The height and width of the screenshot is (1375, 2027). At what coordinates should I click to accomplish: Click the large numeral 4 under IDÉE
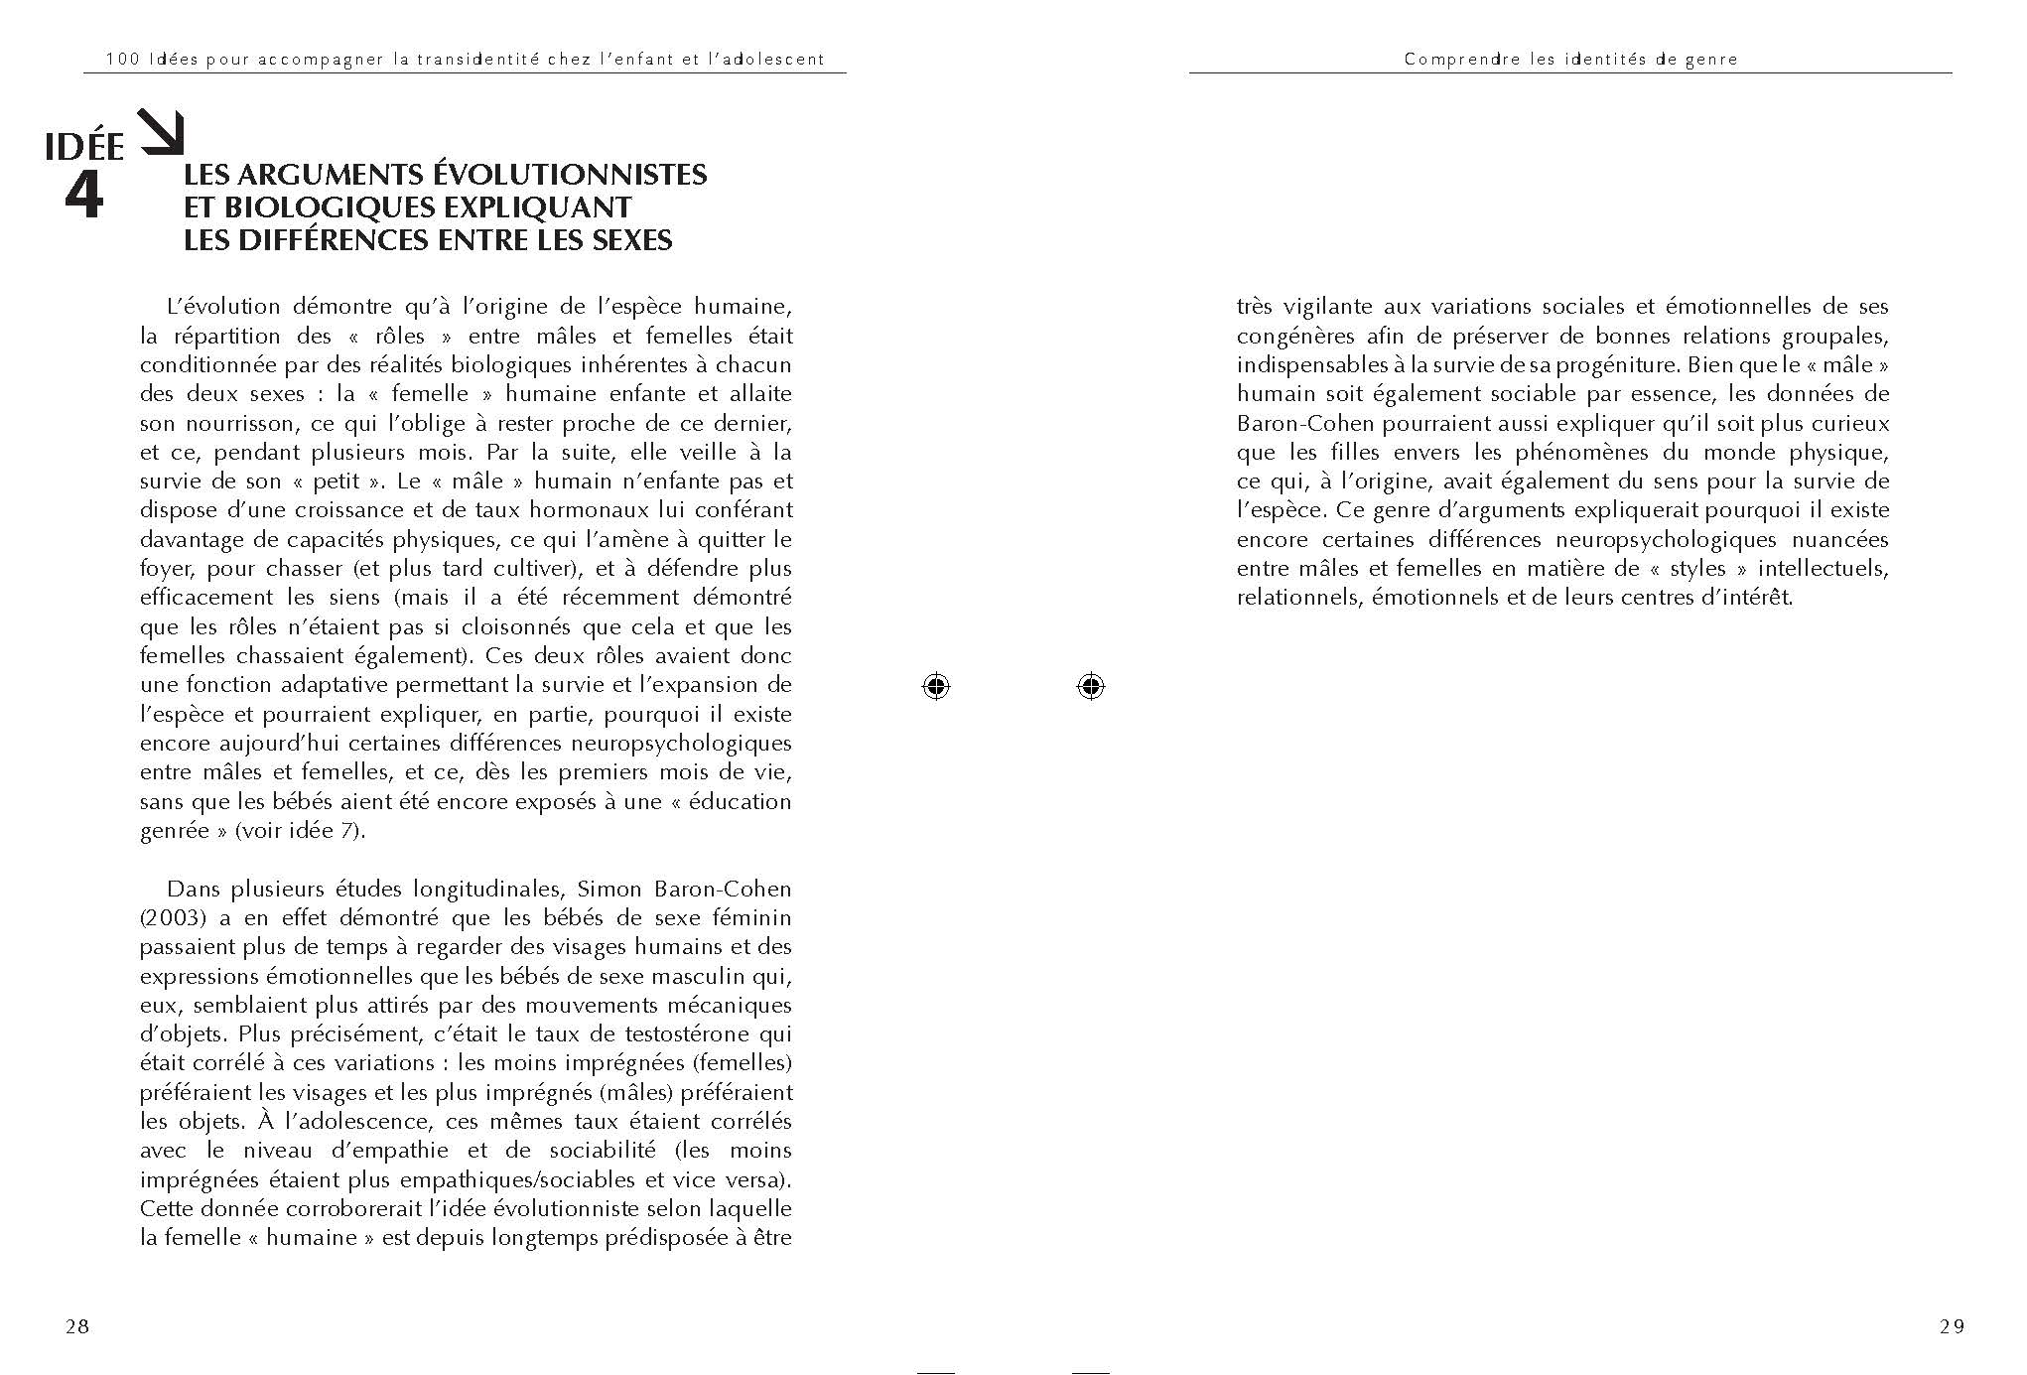click(83, 198)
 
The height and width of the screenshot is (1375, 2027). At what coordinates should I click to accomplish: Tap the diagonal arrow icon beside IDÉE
click(161, 133)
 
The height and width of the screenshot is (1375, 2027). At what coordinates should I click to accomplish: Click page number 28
click(76, 1326)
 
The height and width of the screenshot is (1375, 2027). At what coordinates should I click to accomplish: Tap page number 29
click(1951, 1326)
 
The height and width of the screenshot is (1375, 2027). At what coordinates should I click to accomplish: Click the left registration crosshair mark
click(935, 686)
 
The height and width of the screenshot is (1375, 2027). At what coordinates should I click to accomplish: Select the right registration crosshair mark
click(1090, 686)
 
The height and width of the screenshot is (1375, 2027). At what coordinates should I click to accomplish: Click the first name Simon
click(606, 889)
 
